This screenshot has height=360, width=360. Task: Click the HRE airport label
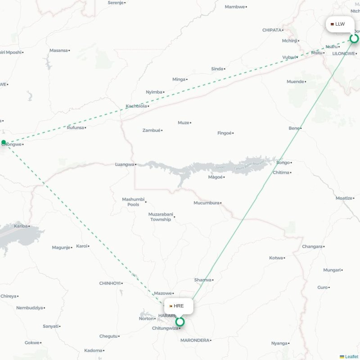(x=179, y=306)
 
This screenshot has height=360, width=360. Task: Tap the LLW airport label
(x=340, y=24)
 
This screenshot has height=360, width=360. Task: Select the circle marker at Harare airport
(x=180, y=322)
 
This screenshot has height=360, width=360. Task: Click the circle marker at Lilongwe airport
(x=354, y=38)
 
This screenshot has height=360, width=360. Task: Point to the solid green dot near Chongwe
(x=4, y=142)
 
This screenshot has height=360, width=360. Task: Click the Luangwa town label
(x=125, y=164)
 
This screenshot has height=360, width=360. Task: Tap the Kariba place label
(x=21, y=226)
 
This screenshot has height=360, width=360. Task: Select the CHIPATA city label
(x=272, y=30)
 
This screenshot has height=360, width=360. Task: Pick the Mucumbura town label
(x=206, y=203)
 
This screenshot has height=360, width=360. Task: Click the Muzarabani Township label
(x=161, y=217)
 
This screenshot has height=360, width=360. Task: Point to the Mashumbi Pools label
(x=133, y=202)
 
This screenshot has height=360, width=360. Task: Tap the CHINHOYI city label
(x=110, y=283)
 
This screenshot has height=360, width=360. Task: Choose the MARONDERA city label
(x=195, y=340)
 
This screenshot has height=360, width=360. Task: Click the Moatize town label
(x=344, y=198)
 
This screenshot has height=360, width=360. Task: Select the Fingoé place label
(x=224, y=133)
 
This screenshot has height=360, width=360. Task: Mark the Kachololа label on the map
(x=136, y=106)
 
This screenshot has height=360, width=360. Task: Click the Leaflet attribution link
(x=351, y=356)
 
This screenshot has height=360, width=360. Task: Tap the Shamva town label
(x=202, y=280)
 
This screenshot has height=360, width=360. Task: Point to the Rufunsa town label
(x=75, y=127)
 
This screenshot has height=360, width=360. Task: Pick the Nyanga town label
(x=279, y=343)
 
